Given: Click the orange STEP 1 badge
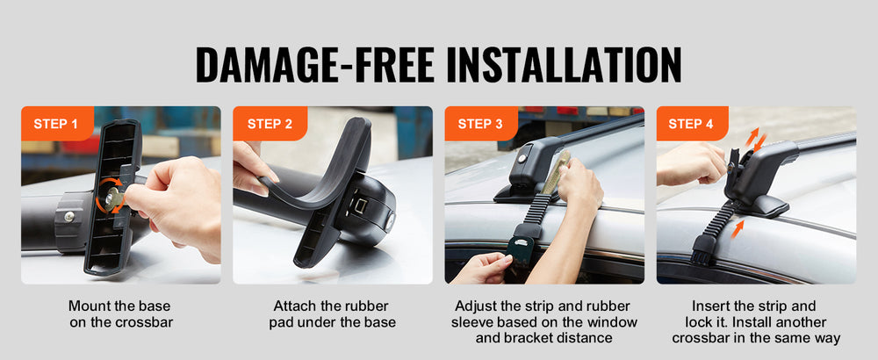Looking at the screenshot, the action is click(x=57, y=124).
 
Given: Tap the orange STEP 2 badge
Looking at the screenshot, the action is click(x=270, y=124).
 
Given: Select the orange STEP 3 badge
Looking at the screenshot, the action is click(x=480, y=124).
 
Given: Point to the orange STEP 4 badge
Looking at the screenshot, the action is click(x=691, y=124).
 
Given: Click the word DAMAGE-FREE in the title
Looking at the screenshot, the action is click(x=315, y=66).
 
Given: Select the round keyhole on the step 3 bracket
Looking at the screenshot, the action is click(x=522, y=159).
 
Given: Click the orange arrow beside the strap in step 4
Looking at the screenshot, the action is click(x=737, y=229).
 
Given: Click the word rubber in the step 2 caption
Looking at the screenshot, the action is click(x=367, y=306).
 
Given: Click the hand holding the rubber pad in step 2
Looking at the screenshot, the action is click(x=252, y=168).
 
